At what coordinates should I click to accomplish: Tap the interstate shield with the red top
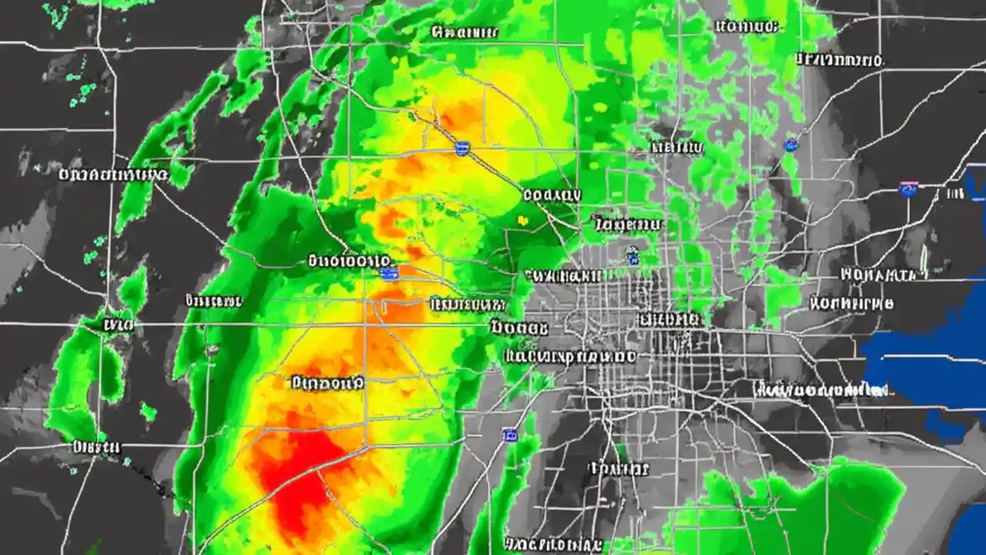[x=909, y=189]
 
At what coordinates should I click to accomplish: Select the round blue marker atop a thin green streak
[x=791, y=144]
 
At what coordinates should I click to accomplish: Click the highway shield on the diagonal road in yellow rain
[x=462, y=148]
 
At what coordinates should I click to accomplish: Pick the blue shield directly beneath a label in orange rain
[x=390, y=273]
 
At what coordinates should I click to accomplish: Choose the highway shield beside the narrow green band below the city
[x=509, y=436]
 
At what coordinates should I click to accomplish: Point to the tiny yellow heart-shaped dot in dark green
[x=523, y=221]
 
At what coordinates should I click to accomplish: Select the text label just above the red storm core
[x=327, y=382]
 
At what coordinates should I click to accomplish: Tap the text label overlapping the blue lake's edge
[x=820, y=391]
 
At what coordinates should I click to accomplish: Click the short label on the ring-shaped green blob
[x=118, y=325]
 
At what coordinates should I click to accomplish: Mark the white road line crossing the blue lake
[x=924, y=358]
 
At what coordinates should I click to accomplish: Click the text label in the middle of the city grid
[x=669, y=319]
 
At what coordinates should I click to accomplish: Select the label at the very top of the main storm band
[x=464, y=32]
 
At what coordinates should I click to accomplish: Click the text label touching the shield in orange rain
[x=349, y=261]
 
